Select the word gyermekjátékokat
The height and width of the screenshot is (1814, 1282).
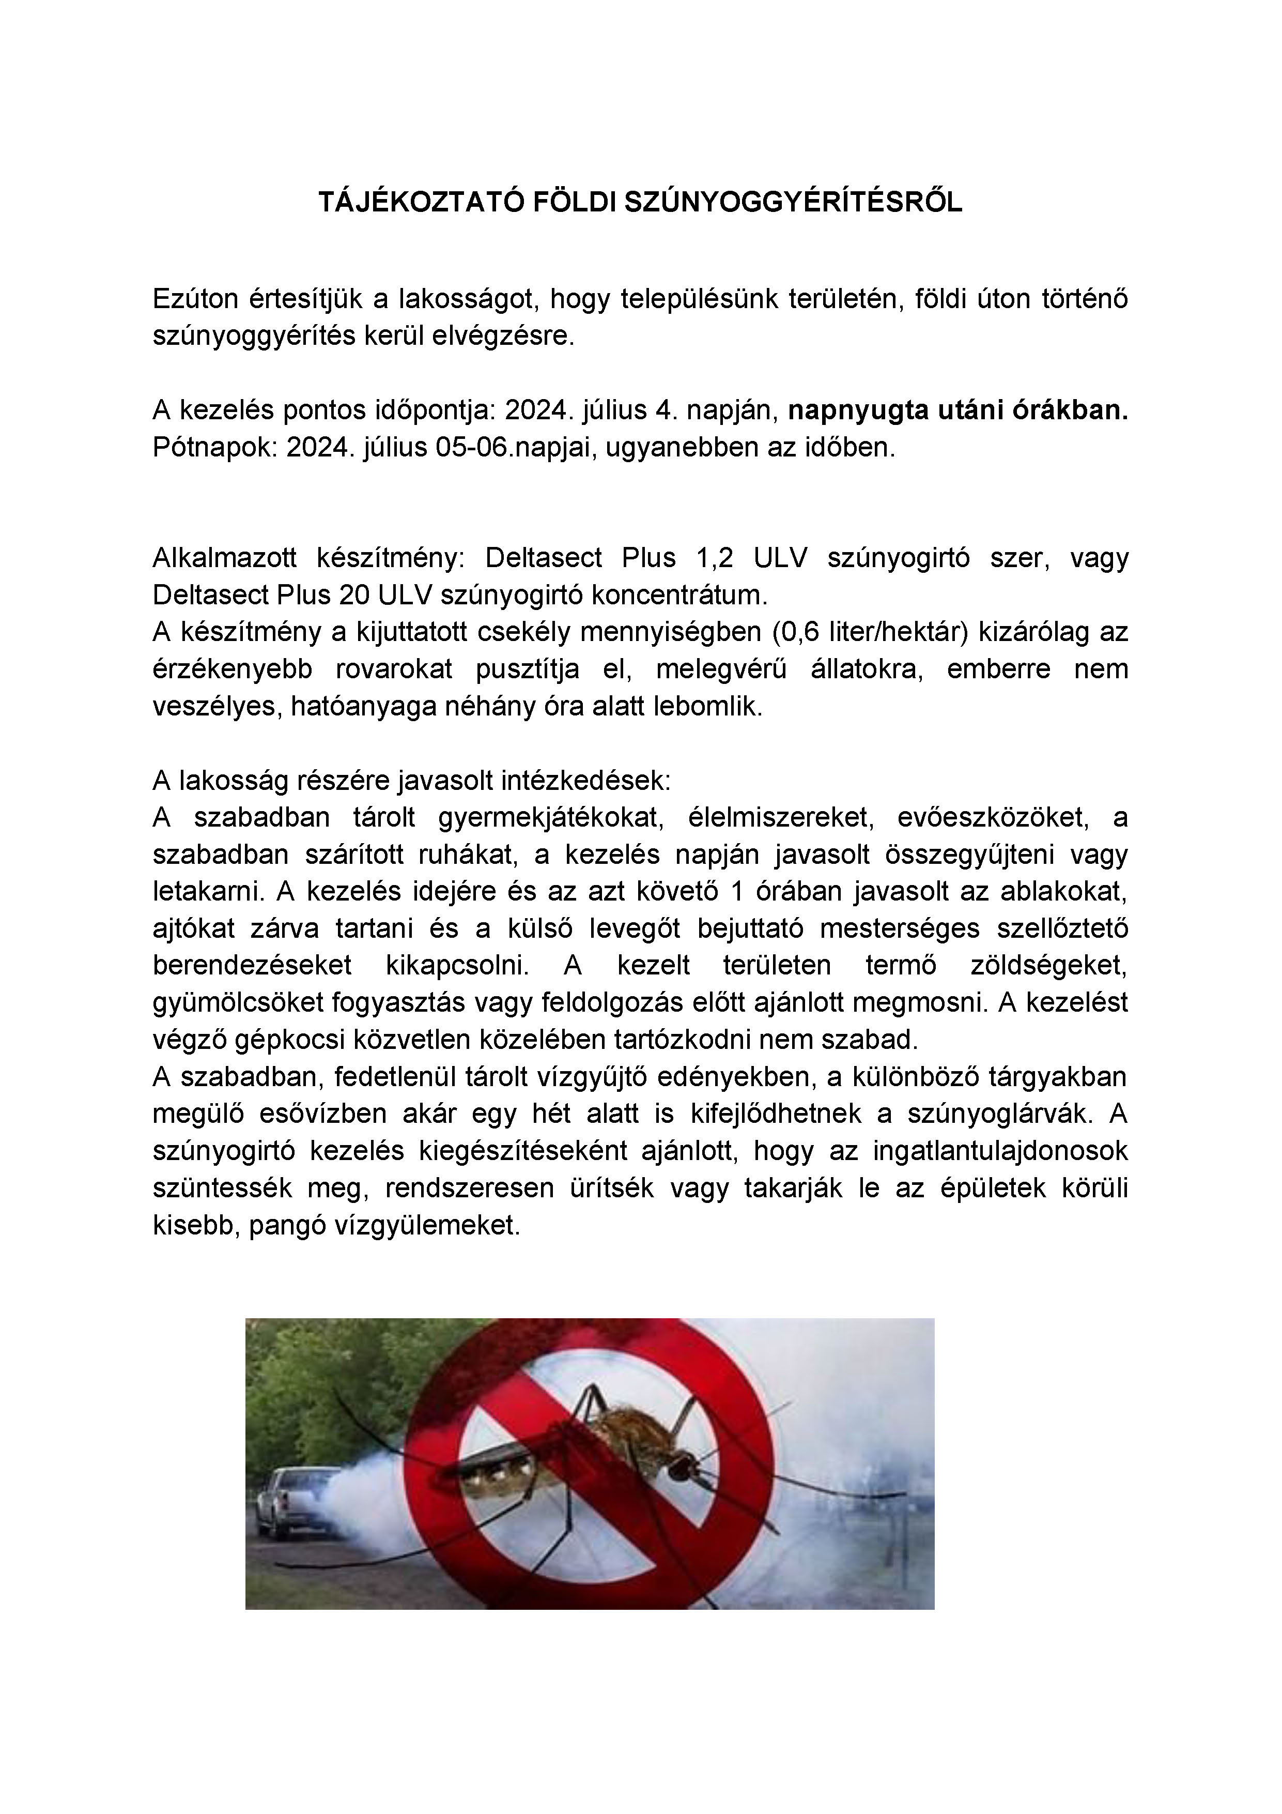pos(549,818)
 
